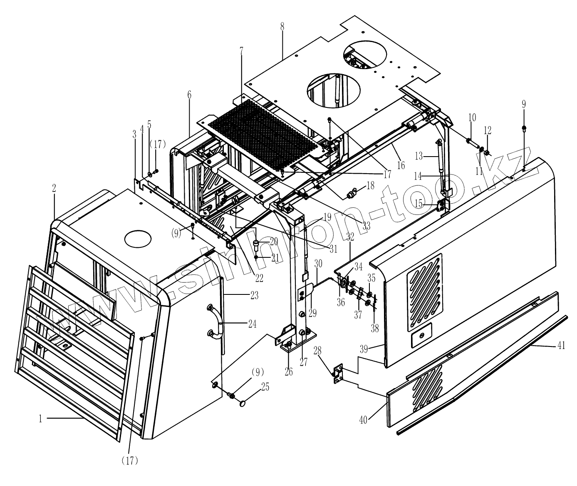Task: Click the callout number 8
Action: click(282, 26)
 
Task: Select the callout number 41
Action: click(561, 345)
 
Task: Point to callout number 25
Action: click(265, 387)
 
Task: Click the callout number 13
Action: click(419, 156)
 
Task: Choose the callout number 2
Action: click(54, 188)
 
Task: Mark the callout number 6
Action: click(189, 95)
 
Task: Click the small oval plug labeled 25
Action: click(243, 403)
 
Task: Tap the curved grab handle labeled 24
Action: click(217, 321)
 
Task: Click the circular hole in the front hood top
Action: click(138, 239)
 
